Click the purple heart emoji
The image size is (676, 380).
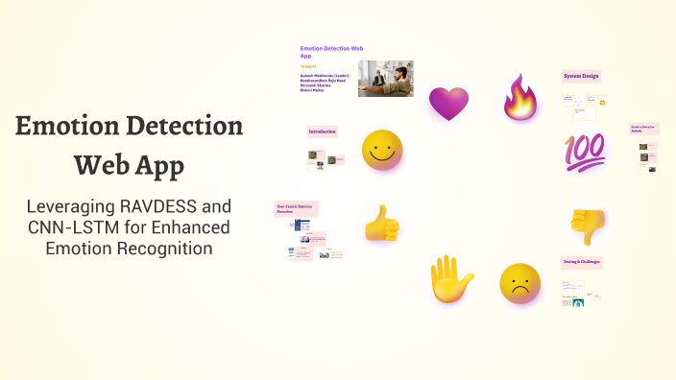coord(447,102)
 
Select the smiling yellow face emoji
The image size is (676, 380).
coord(382,152)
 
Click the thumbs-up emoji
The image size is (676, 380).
coord(381,224)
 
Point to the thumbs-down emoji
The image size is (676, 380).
coord(589,226)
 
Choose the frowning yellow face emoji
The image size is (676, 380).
coord(520,284)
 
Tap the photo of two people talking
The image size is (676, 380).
coord(386,79)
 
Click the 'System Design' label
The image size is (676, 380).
coord(581,76)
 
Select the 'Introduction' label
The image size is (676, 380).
coord(322,131)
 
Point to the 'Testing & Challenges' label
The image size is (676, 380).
coord(582,262)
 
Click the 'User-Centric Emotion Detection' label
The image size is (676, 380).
coord(296,207)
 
